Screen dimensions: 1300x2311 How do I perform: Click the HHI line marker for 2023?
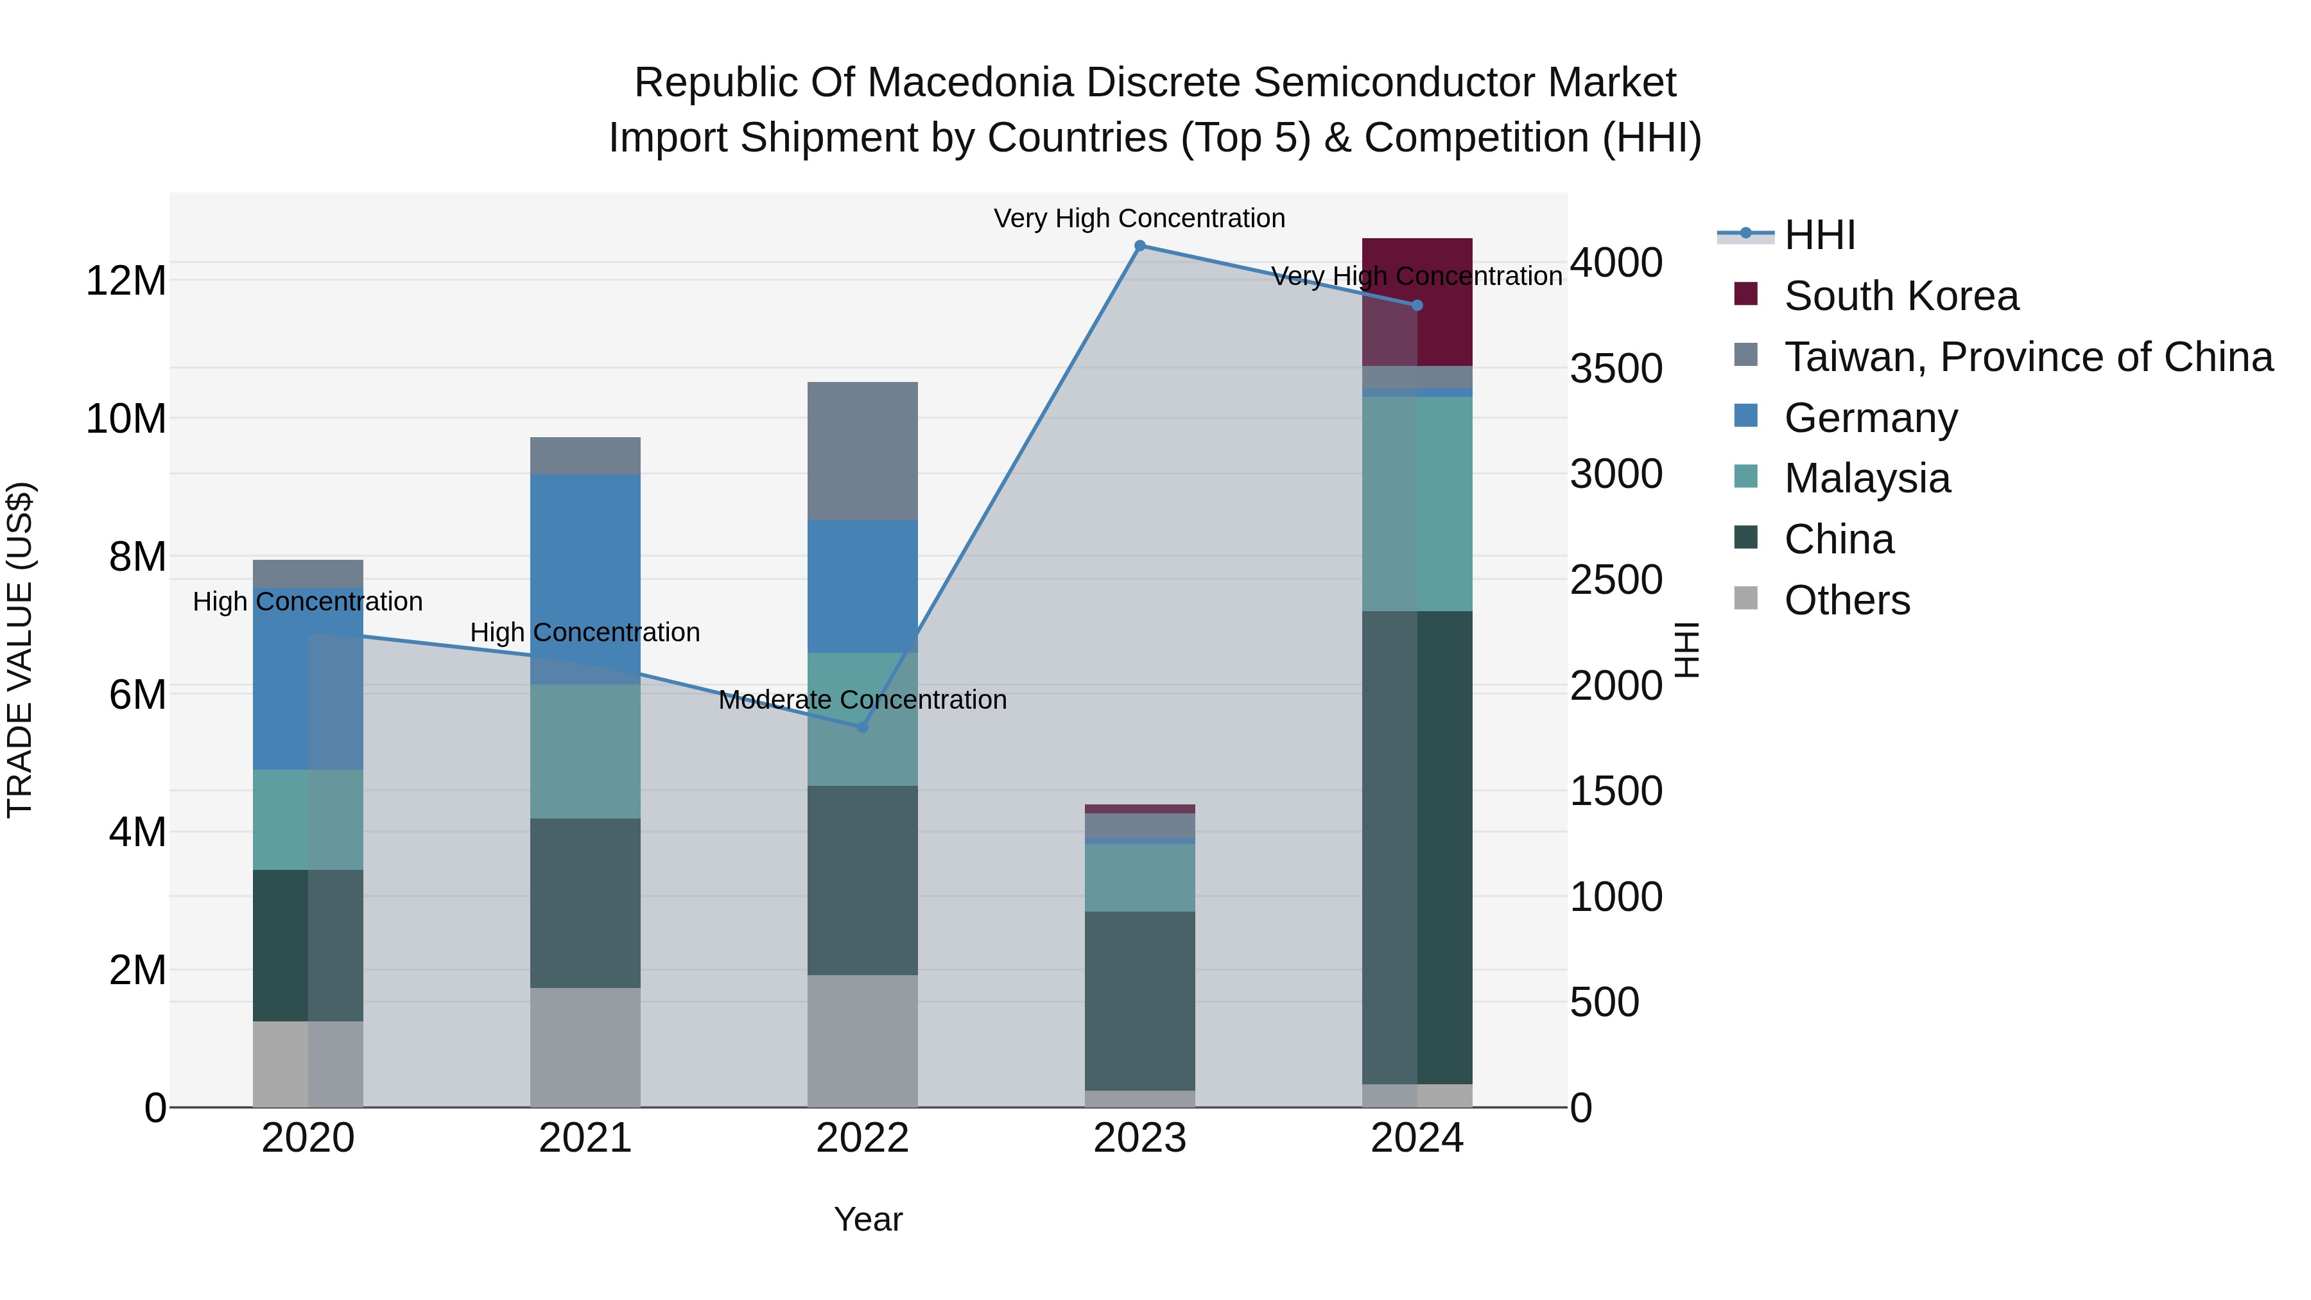coord(1139,246)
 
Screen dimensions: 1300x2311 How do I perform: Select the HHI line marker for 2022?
coord(862,727)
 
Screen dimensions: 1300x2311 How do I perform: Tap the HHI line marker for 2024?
coord(1417,305)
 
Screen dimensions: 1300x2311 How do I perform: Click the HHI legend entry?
coord(1819,235)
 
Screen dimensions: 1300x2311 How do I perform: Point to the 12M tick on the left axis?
coord(126,281)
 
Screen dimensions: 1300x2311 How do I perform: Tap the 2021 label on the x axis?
coord(585,1138)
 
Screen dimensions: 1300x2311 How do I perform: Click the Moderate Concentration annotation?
coord(862,700)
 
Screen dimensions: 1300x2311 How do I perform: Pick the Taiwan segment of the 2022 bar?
coord(862,451)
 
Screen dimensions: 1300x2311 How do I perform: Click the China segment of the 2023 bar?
coord(1139,1000)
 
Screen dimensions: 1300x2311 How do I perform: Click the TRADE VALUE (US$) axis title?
coord(20,650)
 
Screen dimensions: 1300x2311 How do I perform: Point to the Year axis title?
coord(867,1219)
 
